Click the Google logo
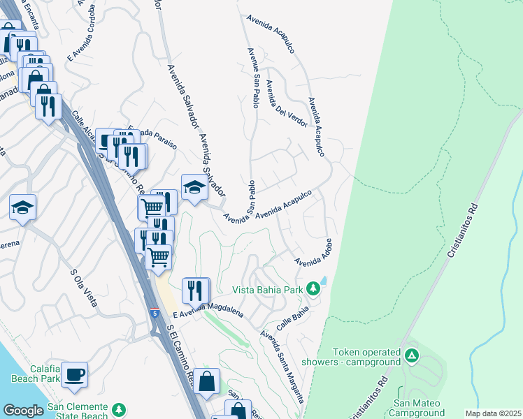(23, 411)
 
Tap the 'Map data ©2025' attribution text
(494, 413)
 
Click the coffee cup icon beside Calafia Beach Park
(74, 374)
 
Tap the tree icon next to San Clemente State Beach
(120, 409)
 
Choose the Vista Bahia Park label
(268, 289)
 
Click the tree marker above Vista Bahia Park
(314, 288)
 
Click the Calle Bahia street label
(292, 322)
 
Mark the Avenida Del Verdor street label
(285, 103)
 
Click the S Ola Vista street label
(82, 288)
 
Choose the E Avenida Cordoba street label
(82, 35)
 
